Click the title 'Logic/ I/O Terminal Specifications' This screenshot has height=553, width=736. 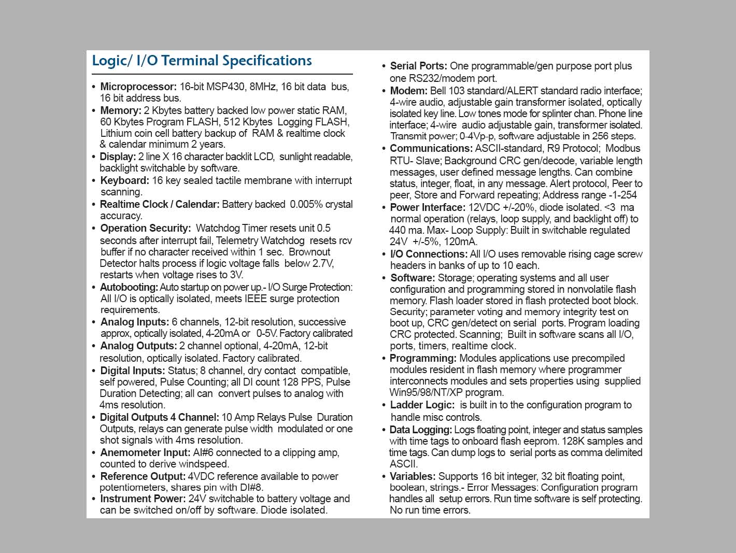202,61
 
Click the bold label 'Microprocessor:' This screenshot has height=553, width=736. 138,87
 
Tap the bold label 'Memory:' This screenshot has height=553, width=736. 121,110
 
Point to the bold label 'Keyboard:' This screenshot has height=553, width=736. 124,180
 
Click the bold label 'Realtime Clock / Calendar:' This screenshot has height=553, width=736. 160,204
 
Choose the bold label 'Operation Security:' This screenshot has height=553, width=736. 146,228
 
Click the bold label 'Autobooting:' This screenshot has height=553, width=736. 129,287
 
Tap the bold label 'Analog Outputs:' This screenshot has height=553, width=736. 138,346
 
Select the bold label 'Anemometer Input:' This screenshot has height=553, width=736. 145,452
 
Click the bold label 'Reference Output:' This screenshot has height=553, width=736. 143,476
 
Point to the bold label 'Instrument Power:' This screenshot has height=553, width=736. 143,499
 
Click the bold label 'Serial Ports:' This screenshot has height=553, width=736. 418,66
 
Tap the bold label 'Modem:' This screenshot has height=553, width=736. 408,91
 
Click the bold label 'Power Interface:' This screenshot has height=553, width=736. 428,207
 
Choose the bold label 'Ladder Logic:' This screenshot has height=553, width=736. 422,405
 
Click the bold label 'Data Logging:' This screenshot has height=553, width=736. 420,430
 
